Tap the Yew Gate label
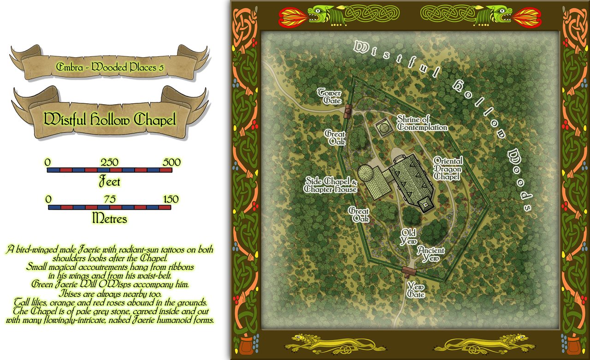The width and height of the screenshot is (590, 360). pyautogui.click(x=415, y=290)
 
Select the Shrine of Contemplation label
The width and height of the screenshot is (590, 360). pyautogui.click(x=422, y=124)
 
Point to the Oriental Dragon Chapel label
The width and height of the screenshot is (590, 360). pyautogui.click(x=447, y=168)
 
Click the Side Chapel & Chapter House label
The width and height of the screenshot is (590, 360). pyautogui.click(x=331, y=185)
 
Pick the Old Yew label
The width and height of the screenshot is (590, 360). pyautogui.click(x=409, y=236)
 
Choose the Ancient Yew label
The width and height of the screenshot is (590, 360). pyautogui.click(x=431, y=254)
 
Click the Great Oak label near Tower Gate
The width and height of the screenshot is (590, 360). pyautogui.click(x=335, y=137)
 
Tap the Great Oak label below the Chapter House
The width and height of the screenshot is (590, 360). pyautogui.click(x=359, y=215)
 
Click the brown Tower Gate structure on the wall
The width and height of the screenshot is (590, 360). pyautogui.click(x=348, y=110)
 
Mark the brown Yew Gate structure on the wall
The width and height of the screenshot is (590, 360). pyautogui.click(x=406, y=270)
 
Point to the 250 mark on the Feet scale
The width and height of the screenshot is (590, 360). pyautogui.click(x=110, y=162)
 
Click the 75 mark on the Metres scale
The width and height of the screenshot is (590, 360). pyautogui.click(x=110, y=199)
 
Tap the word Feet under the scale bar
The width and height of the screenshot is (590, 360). pyautogui.click(x=110, y=182)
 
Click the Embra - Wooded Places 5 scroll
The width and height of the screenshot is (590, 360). pyautogui.click(x=110, y=67)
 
